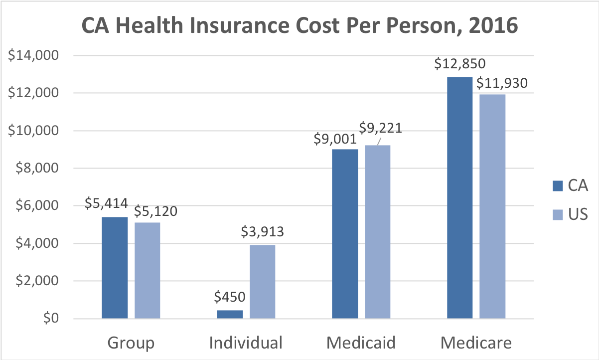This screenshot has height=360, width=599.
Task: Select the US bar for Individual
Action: (263, 281)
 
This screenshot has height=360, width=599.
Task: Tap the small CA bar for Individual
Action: (230, 314)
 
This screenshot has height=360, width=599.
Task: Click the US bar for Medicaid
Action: (378, 232)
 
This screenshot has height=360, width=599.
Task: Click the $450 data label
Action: (230, 297)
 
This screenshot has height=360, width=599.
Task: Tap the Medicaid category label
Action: (361, 343)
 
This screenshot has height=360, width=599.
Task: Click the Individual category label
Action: (246, 343)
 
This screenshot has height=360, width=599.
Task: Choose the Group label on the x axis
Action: (131, 343)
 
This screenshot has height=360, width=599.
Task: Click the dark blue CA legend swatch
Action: (557, 186)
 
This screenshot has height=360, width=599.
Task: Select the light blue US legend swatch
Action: (557, 215)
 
